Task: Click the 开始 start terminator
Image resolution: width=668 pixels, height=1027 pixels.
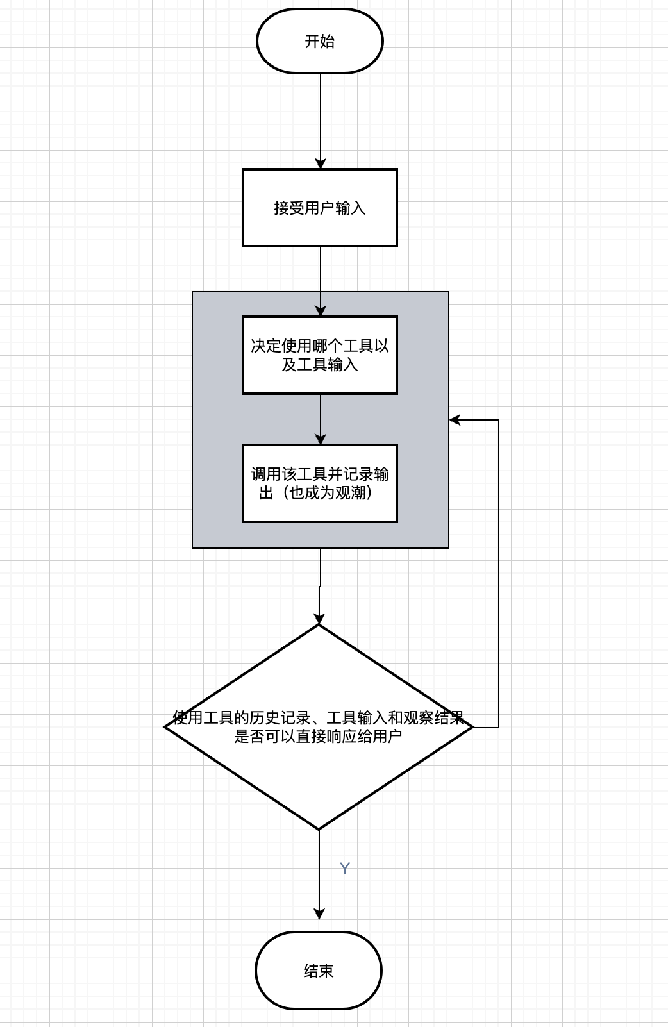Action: (319, 41)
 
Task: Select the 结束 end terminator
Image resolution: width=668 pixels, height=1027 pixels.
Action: (318, 971)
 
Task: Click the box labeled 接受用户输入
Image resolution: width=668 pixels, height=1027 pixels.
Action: (319, 208)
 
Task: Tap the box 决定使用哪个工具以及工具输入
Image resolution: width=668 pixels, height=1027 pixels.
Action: (319, 355)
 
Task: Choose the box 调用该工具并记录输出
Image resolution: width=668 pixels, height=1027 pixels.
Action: (319, 483)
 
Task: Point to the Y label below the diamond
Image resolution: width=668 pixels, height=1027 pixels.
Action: (344, 868)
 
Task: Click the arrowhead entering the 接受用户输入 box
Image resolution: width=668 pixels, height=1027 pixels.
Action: (320, 163)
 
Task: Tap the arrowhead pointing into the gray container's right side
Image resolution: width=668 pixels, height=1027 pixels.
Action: (455, 420)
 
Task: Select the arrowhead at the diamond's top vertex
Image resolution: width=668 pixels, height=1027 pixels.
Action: (319, 619)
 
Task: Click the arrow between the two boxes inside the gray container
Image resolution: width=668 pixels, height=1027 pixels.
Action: (320, 417)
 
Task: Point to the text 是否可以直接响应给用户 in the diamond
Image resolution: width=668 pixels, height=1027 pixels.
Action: (318, 736)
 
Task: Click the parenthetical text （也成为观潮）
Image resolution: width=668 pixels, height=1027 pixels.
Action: (330, 492)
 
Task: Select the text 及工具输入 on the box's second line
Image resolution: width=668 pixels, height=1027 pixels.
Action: (319, 364)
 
